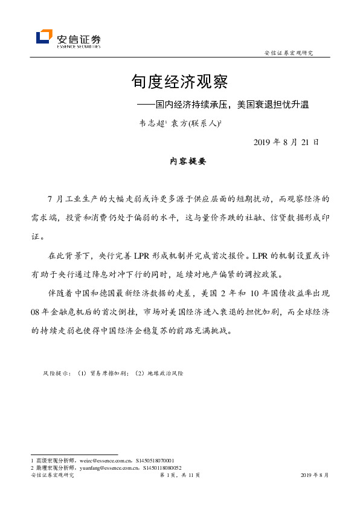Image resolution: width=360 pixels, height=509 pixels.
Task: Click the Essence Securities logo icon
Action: coord(44,37)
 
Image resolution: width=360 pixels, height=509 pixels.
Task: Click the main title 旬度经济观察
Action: coord(179,82)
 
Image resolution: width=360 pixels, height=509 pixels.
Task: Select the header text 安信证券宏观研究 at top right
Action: coord(289,53)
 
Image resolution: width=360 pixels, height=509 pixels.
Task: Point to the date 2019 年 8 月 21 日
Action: coord(281,142)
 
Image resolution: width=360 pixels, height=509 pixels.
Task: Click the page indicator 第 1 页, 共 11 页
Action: coord(179,476)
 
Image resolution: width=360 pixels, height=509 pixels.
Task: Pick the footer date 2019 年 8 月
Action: coord(315,476)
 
